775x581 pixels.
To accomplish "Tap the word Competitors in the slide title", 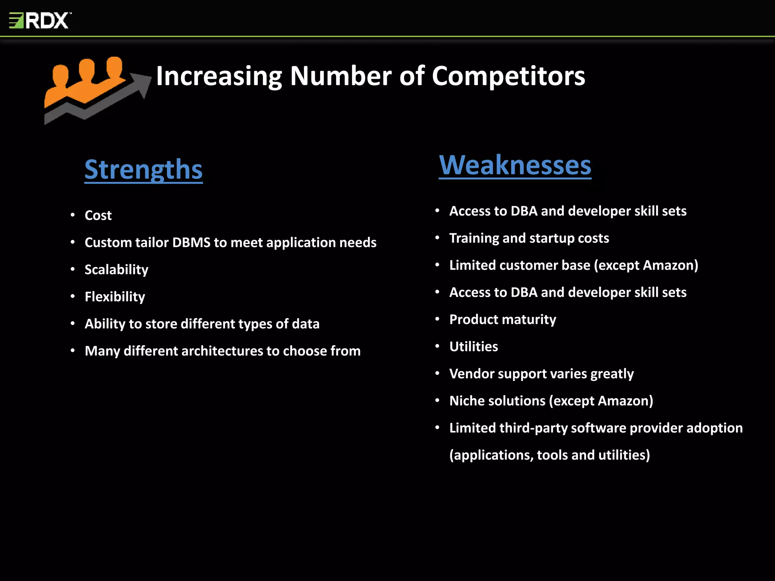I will pos(508,76).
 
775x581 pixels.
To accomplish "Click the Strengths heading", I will pos(143,169).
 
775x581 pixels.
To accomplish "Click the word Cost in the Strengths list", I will pos(98,215).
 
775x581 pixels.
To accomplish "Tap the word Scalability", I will pos(116,270).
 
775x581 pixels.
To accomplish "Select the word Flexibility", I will pos(115,297).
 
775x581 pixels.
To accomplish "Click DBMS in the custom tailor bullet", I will pos(191,242).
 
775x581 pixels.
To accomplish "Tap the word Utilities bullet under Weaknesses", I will pos(473,347).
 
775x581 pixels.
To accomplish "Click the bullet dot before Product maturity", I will pos(437,319).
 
